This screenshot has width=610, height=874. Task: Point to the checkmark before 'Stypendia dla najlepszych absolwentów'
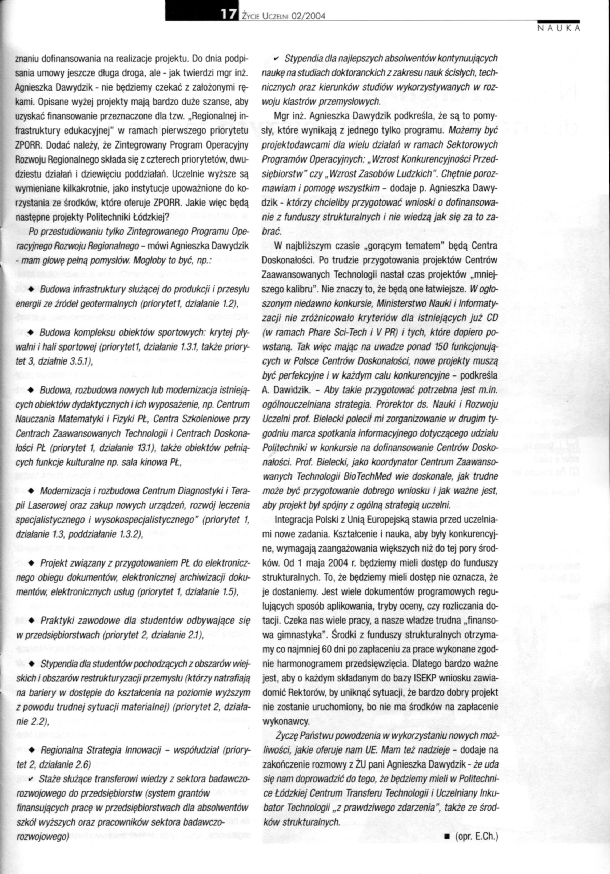click(x=277, y=58)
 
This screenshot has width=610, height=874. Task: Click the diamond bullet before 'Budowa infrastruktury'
click(x=33, y=290)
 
